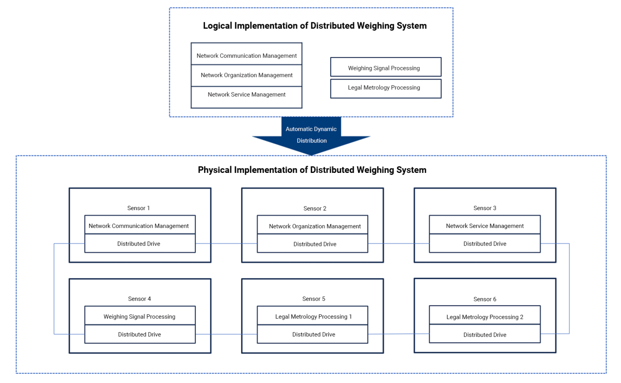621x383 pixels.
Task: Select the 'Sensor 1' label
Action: coord(138,208)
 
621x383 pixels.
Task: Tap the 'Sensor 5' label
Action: coord(314,299)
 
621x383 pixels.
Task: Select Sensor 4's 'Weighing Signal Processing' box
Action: coord(140,316)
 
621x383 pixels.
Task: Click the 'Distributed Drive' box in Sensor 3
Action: coord(485,244)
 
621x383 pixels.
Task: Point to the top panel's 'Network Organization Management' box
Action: coord(247,76)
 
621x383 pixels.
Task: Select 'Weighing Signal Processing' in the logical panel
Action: coord(386,67)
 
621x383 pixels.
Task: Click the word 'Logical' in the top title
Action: coord(218,26)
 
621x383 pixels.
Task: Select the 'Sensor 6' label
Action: coord(485,299)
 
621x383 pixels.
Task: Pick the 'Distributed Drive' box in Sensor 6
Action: coord(485,334)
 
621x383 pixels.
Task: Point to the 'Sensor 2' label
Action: coord(315,208)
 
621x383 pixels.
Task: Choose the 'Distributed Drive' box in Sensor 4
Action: coord(140,334)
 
